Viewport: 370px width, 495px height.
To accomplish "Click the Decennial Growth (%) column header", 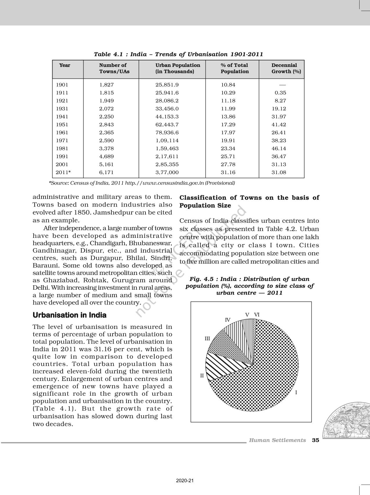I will (286, 68).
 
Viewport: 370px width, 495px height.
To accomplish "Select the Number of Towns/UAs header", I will (114, 68).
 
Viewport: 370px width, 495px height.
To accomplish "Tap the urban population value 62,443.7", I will (167, 125).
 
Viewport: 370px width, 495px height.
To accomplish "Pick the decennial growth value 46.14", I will (279, 148).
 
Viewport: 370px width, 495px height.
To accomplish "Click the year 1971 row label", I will (62, 140).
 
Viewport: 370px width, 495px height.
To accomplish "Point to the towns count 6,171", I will (106, 172).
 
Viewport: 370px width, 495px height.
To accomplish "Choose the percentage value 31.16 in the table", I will (228, 172).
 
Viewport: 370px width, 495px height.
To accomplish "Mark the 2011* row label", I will (63, 172).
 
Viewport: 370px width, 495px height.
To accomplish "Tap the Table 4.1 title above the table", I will (178, 54).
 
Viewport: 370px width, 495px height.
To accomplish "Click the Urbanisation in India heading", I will (69, 315).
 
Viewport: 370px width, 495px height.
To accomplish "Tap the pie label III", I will (207, 338).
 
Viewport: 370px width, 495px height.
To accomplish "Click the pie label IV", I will (228, 320).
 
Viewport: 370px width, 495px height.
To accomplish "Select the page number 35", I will (315, 440).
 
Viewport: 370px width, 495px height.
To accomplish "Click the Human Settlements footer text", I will (277, 440).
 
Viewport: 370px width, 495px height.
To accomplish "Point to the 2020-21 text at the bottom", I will (185, 481).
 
